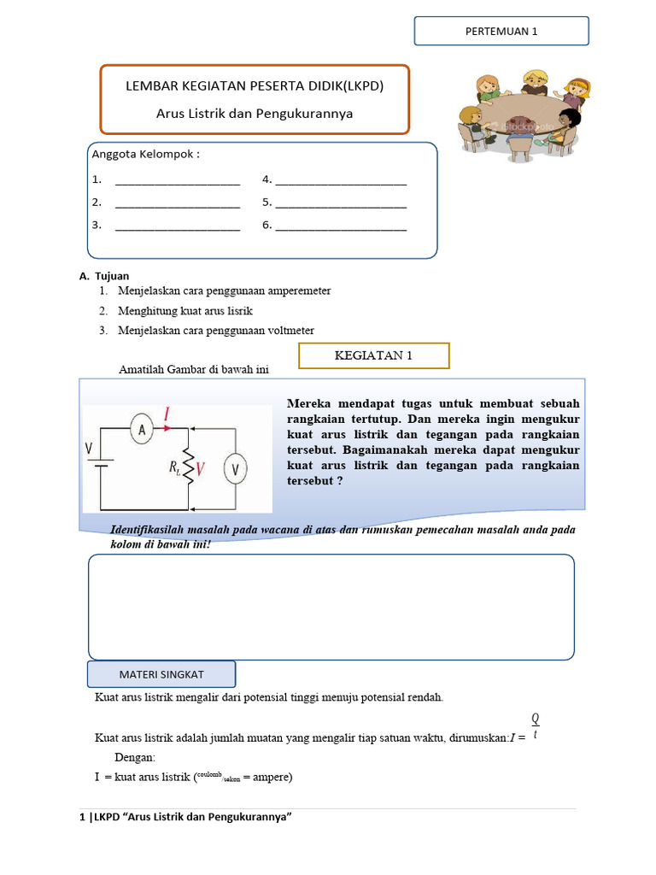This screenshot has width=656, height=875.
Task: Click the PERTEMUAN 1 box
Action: pyautogui.click(x=501, y=31)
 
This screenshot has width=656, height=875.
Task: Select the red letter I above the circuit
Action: pyautogui.click(x=167, y=414)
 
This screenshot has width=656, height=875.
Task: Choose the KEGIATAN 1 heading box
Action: pyautogui.click(x=373, y=355)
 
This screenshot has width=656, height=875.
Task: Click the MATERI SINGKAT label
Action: pyautogui.click(x=161, y=674)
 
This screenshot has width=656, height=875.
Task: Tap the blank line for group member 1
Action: pyautogui.click(x=178, y=181)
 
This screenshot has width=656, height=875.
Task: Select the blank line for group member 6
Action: pyautogui.click(x=341, y=227)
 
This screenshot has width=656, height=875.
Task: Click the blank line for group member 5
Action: pyautogui.click(x=341, y=204)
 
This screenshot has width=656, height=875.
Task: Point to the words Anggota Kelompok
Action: pyautogui.click(x=145, y=155)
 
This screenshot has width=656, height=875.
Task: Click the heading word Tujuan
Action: pyautogui.click(x=113, y=276)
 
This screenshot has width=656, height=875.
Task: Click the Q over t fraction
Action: pyautogui.click(x=536, y=726)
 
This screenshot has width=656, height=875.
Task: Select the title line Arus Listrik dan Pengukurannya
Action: pyautogui.click(x=255, y=113)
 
